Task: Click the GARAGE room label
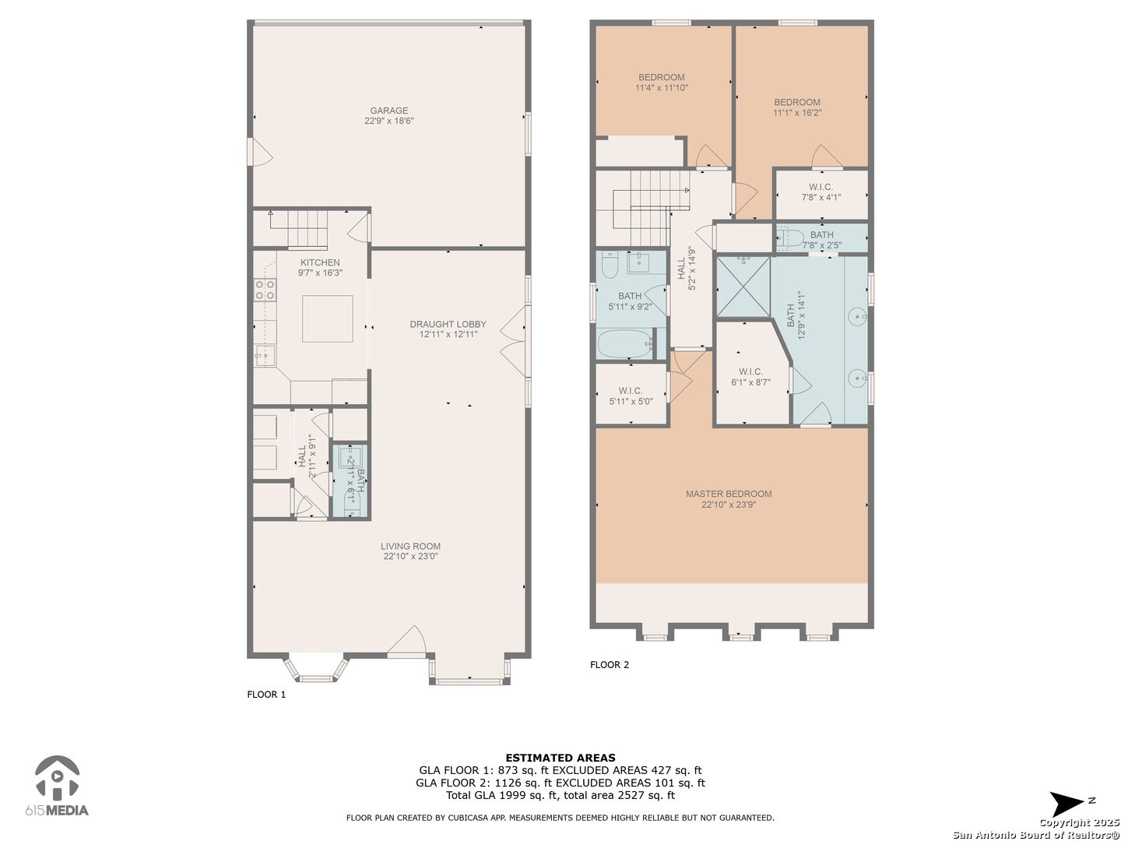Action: (x=388, y=111)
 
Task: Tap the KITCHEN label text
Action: (x=320, y=262)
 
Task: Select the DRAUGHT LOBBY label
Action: (x=448, y=324)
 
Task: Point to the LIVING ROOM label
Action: (x=410, y=546)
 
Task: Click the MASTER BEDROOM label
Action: (x=729, y=494)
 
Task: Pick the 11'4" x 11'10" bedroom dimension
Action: (x=662, y=88)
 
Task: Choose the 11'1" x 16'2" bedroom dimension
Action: (x=796, y=113)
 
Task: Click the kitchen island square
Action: (x=328, y=318)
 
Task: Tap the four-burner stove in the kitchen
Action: (x=265, y=290)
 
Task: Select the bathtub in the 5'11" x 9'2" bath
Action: (x=625, y=344)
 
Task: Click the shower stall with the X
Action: (x=743, y=287)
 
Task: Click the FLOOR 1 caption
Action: (x=266, y=695)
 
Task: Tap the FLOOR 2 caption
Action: (x=610, y=665)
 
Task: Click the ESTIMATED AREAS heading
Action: (x=560, y=758)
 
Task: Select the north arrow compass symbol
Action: (x=1066, y=804)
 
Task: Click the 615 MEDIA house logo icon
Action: (x=57, y=778)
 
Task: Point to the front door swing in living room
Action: (x=406, y=639)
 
